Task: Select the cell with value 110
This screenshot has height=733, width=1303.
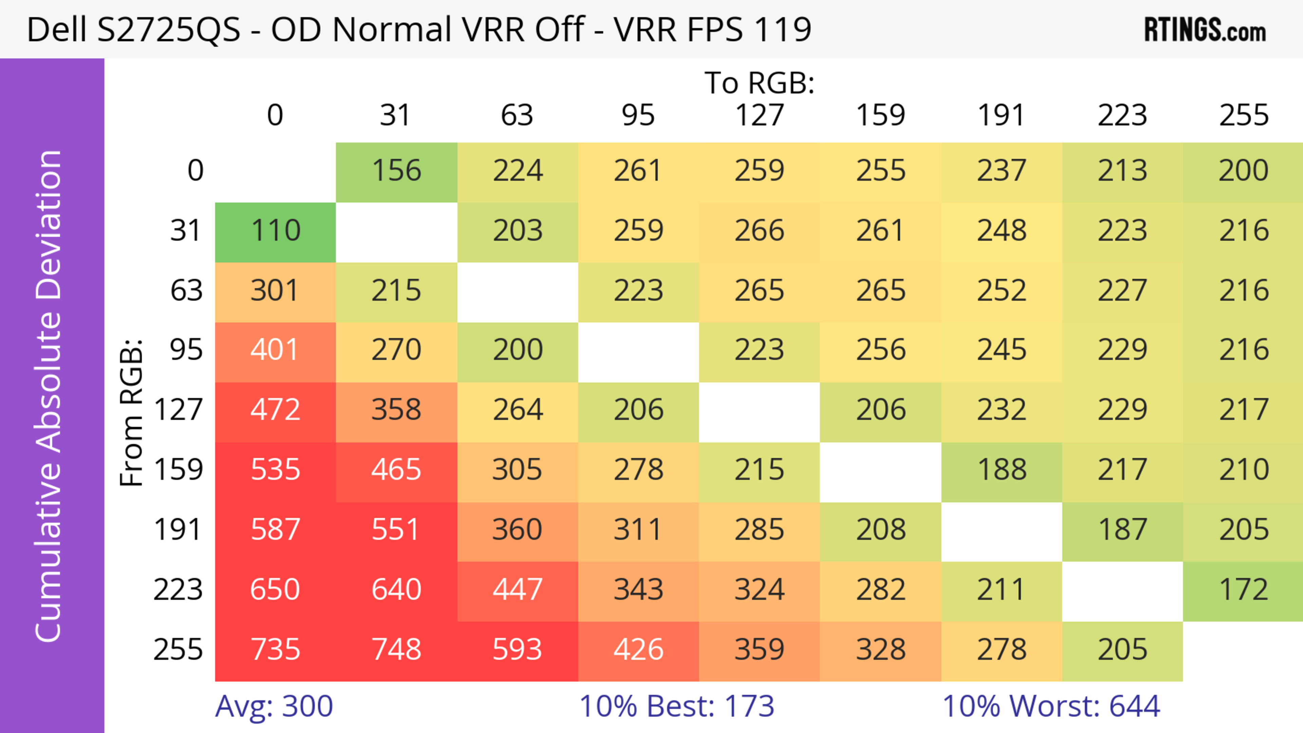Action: [x=275, y=231]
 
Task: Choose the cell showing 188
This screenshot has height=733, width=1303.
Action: [x=1002, y=470]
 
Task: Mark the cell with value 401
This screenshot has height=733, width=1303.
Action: [x=275, y=350]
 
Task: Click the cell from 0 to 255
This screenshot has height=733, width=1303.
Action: [x=1243, y=171]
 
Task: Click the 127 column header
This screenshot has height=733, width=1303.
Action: [x=759, y=115]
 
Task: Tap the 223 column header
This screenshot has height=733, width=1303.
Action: [x=1122, y=115]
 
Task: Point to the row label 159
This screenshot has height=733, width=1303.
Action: [x=178, y=470]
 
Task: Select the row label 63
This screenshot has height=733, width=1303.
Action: [x=186, y=291]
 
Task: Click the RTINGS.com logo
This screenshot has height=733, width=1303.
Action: [x=1205, y=30]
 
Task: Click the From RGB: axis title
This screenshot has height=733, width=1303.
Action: [x=132, y=413]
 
